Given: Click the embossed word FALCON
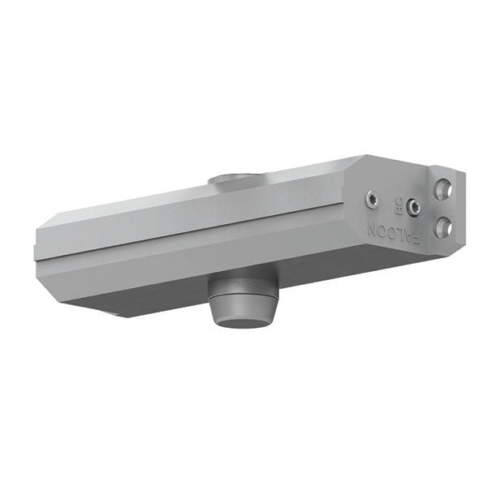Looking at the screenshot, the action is click(x=393, y=233).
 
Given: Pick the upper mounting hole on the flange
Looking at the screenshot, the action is click(x=443, y=188).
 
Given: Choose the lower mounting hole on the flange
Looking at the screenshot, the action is click(x=443, y=226).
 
